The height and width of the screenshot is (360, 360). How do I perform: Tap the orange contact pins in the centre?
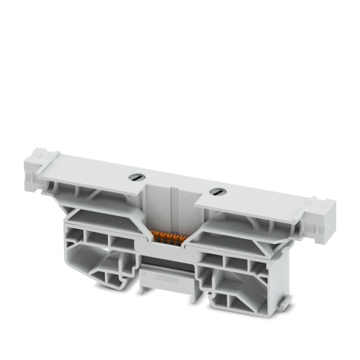(x=169, y=237)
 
